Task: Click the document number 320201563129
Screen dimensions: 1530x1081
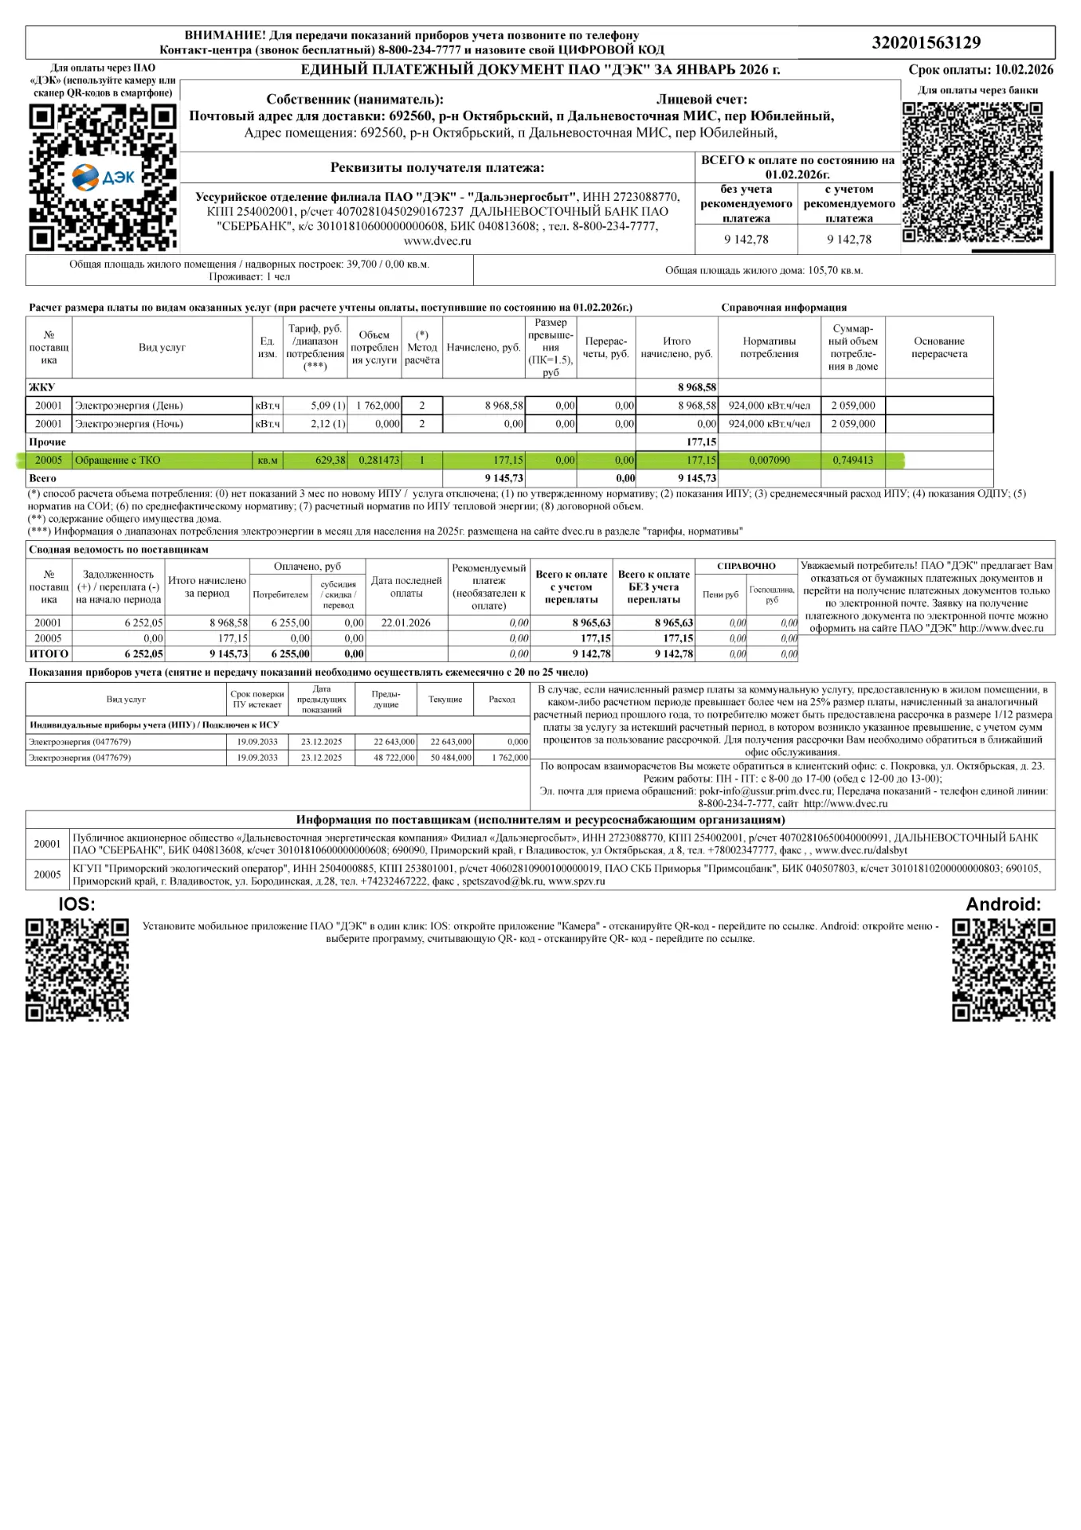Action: (x=926, y=43)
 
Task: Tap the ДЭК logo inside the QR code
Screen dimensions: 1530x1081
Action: (x=104, y=177)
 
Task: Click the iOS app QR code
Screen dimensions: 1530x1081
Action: (x=76, y=969)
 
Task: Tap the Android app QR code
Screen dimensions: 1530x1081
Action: (x=1003, y=969)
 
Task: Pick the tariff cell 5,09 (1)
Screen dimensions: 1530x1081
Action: (x=327, y=406)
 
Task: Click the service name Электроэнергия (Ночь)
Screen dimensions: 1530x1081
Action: (x=129, y=424)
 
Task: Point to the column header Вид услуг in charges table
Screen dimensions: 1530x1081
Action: (x=162, y=347)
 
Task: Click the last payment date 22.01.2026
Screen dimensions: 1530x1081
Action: (x=405, y=623)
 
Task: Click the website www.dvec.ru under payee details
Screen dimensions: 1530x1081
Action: (x=437, y=241)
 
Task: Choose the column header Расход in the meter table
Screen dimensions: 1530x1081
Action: (x=502, y=700)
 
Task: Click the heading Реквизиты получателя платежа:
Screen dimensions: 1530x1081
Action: (x=437, y=168)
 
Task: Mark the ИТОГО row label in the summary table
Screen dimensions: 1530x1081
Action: (x=49, y=654)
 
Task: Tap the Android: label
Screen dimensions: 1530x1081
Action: (x=1003, y=904)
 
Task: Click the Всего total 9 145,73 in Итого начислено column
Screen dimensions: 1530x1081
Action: (x=696, y=479)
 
